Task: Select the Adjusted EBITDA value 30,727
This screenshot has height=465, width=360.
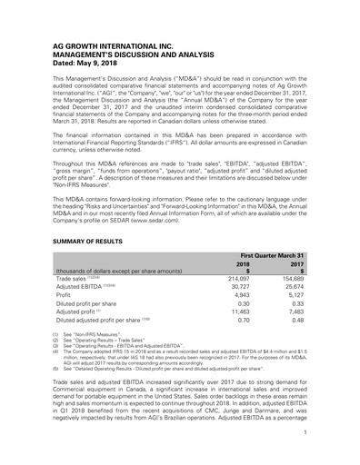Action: pos(236,289)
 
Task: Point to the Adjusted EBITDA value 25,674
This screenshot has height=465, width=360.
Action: pos(294,289)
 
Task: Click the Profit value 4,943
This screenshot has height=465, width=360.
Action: pos(239,299)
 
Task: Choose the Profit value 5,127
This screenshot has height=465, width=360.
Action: pos(296,299)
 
